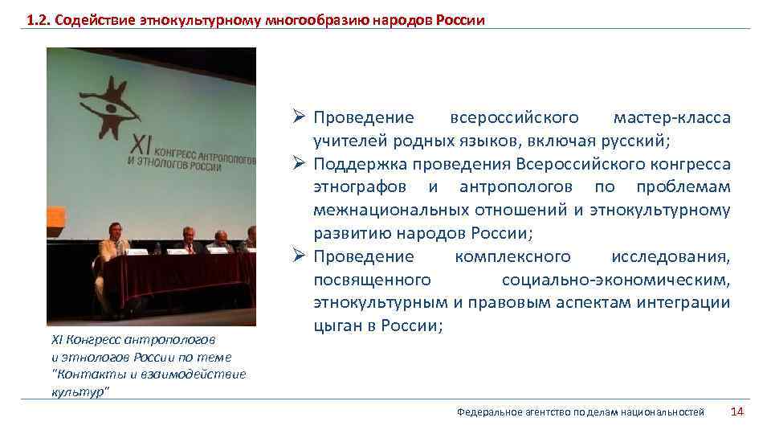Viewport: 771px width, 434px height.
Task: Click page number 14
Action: (x=736, y=411)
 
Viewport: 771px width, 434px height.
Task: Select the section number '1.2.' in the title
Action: (x=37, y=19)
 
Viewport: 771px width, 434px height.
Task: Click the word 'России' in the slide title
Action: (x=460, y=19)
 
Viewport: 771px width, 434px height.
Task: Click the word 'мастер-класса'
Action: (x=672, y=118)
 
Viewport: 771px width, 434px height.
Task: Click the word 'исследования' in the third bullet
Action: (x=671, y=257)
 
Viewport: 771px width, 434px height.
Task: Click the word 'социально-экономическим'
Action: (x=616, y=280)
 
